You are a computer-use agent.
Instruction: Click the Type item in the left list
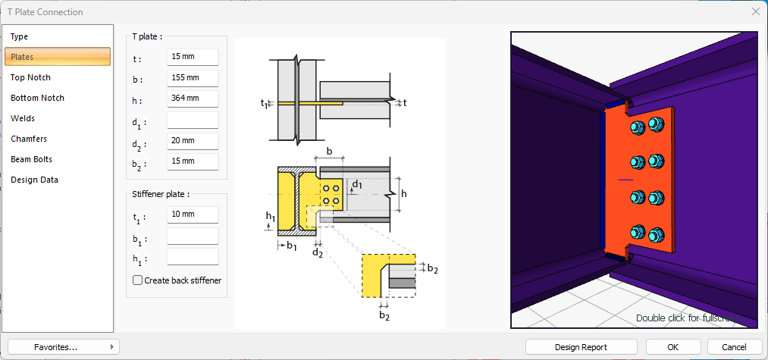(x=20, y=36)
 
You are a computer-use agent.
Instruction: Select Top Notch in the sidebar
(x=30, y=77)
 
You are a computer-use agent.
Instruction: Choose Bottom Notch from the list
(x=37, y=98)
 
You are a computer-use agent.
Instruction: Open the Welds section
(x=23, y=118)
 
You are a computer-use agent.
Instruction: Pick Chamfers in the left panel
(x=29, y=139)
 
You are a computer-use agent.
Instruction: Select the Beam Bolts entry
(x=31, y=159)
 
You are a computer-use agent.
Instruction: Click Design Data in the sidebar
(x=34, y=180)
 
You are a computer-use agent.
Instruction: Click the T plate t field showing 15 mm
(x=193, y=58)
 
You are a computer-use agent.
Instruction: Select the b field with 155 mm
(x=193, y=78)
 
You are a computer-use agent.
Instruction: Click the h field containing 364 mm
(x=193, y=99)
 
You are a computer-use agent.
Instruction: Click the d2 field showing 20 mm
(x=193, y=141)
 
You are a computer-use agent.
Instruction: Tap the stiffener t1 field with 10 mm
(x=193, y=215)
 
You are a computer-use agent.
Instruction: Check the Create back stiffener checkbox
(x=138, y=280)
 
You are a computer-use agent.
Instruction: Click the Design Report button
(x=581, y=347)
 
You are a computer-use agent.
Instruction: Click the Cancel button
(x=735, y=347)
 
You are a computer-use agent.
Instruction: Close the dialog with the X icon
(x=755, y=11)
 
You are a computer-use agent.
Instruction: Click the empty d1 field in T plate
(x=193, y=120)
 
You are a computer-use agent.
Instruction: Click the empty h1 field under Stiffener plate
(x=193, y=257)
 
